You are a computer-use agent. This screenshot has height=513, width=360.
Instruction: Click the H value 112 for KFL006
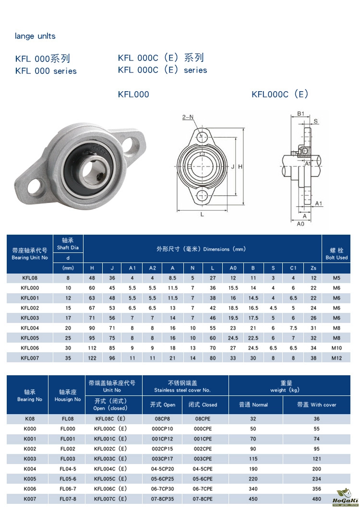[92, 348]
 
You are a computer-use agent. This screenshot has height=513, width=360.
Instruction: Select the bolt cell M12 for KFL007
[336, 358]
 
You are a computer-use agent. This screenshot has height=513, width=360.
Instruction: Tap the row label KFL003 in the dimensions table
[30, 318]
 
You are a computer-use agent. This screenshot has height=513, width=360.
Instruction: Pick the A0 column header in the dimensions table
[233, 268]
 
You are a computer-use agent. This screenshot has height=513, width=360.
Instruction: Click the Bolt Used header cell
[336, 254]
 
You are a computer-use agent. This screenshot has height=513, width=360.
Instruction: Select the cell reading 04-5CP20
[163, 469]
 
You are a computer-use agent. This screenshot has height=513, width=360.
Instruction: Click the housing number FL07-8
[68, 499]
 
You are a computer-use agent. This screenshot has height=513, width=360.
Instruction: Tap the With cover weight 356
[316, 489]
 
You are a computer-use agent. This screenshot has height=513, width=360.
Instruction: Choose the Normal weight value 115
[253, 459]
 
